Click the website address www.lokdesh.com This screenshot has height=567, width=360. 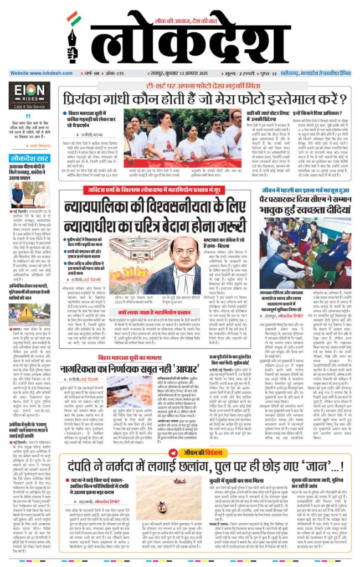pyautogui.click(x=36, y=73)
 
